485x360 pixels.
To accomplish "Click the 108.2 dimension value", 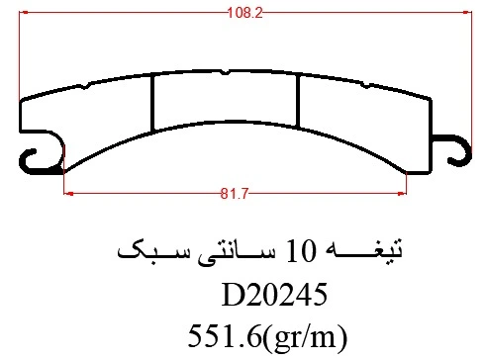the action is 244,13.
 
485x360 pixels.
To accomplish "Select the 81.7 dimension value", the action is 234,194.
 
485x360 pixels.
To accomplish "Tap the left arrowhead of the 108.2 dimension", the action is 23,13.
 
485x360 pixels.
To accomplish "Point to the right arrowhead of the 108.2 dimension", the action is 467,13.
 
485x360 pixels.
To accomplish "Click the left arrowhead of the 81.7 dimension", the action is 68,194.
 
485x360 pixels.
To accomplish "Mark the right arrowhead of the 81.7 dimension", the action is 402,194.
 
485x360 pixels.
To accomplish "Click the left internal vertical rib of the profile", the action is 152,104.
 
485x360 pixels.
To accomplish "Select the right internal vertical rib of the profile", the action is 298,101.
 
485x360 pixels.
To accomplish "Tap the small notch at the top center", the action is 225,72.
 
